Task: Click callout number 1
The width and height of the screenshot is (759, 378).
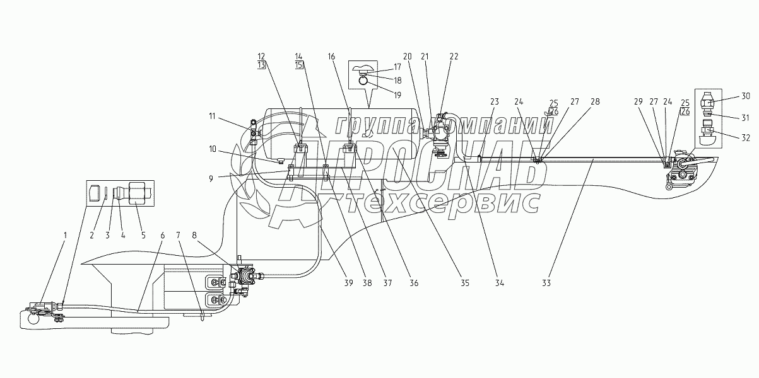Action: point(66,235)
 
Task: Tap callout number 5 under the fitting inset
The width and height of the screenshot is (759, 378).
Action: point(143,235)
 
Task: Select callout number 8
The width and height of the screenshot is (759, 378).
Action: point(194,235)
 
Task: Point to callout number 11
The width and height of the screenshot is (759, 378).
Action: point(212,117)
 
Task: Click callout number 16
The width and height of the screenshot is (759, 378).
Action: point(331,57)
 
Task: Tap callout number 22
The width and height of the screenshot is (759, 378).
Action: point(454,57)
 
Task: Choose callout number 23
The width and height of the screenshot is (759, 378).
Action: point(495,101)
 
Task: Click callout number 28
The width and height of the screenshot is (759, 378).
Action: point(595,101)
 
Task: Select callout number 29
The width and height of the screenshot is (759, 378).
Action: point(638,101)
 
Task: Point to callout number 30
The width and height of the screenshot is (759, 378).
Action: point(746,96)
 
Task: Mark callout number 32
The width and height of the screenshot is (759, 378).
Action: point(746,138)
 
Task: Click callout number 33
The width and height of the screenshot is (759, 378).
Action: point(546,283)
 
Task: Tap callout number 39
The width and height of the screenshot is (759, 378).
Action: point(349,283)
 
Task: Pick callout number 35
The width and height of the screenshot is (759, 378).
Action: point(465,283)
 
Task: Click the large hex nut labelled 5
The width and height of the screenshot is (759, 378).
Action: point(138,193)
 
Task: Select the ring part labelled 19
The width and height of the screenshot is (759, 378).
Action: point(363,81)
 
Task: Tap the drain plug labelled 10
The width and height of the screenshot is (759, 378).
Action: point(280,160)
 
